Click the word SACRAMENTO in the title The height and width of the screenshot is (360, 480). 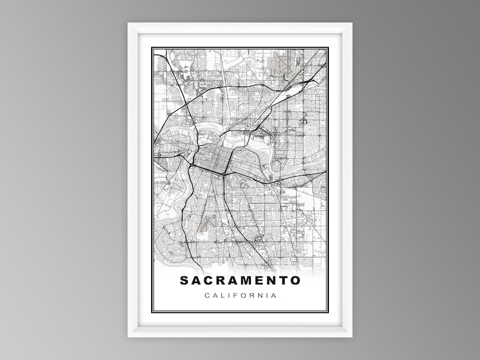[240, 281]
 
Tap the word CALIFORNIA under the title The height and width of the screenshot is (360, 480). [240, 296]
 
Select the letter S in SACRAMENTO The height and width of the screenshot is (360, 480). [184, 281]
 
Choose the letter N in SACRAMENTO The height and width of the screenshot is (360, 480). [267, 281]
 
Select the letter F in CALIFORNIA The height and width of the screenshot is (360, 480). [236, 296]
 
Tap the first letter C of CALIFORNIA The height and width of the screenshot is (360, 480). [207, 296]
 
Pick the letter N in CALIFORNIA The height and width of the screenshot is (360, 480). [260, 296]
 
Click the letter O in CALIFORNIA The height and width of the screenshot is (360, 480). [244, 296]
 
